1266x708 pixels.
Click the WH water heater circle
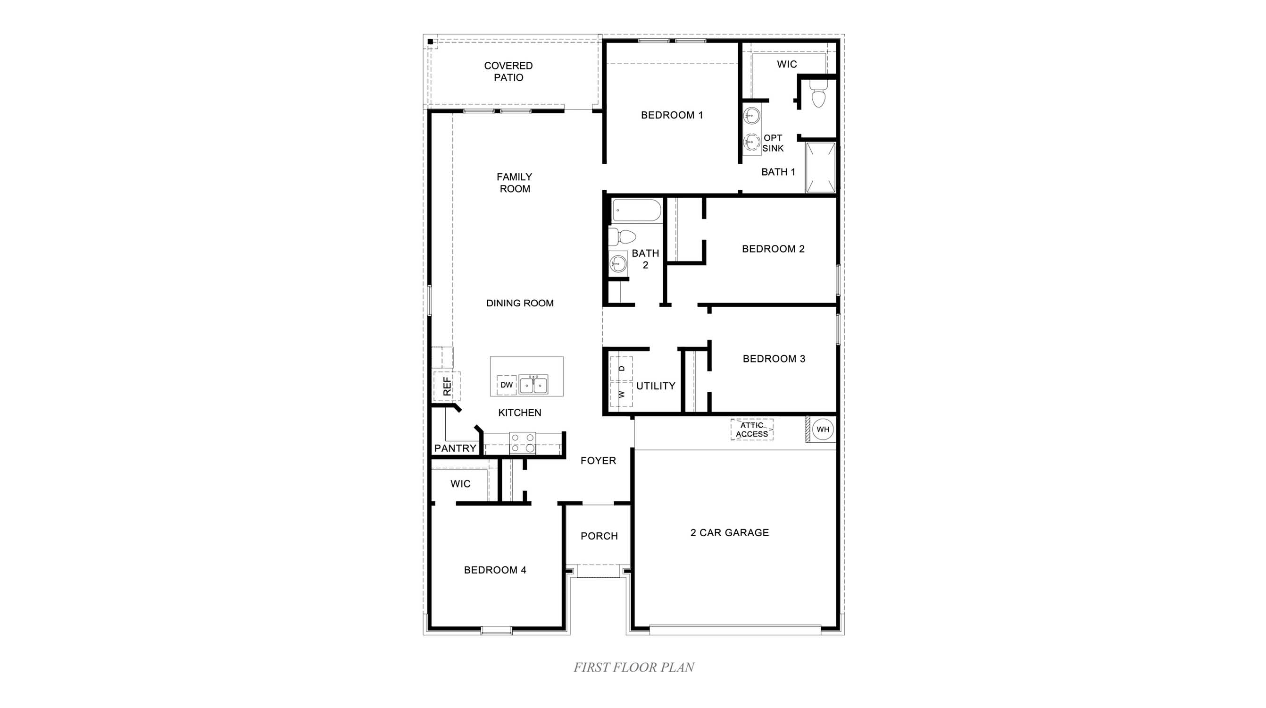[823, 429]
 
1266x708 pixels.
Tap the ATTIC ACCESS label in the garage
[751, 430]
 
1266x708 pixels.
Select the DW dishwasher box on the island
[506, 385]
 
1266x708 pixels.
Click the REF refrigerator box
[447, 387]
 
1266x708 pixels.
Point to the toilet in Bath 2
[623, 236]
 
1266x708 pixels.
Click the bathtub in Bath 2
[636, 211]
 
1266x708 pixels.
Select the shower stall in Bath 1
[820, 168]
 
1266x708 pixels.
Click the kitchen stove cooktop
[523, 443]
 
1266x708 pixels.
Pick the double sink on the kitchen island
[533, 385]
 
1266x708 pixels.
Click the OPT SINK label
[773, 143]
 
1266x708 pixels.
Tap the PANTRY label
[455, 448]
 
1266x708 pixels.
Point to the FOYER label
[598, 461]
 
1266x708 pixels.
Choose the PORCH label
[599, 536]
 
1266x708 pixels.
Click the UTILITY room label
[656, 386]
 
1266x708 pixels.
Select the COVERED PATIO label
[508, 71]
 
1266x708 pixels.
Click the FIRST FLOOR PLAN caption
[633, 667]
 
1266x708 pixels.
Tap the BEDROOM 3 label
[774, 359]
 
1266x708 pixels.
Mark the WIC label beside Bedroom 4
[460, 484]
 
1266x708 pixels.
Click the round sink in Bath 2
[618, 264]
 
